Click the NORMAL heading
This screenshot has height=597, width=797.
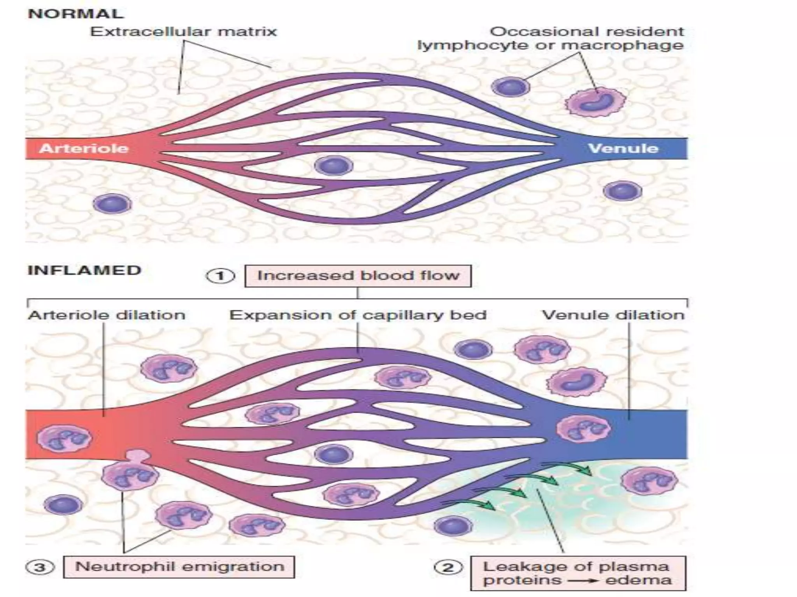[76, 14]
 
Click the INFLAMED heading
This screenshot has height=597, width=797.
[84, 270]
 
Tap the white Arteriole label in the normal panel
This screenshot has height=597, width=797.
[84, 148]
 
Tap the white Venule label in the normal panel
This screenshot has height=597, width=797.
[623, 148]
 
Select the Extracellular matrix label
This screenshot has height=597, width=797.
[183, 31]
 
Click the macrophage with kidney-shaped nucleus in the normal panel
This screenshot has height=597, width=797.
[595, 101]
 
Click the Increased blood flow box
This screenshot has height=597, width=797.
[358, 276]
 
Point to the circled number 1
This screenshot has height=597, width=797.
[220, 276]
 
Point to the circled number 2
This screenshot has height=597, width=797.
[448, 567]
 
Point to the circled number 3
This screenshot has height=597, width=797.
[40, 567]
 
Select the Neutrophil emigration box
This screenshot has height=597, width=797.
[179, 567]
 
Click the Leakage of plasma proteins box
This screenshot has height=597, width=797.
[578, 573]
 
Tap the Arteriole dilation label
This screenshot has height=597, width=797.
[106, 315]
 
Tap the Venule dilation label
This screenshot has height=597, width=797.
[613, 315]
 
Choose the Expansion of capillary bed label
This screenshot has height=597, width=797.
[358, 315]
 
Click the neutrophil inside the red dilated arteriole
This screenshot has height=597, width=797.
[65, 438]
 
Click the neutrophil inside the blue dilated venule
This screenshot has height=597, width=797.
[583, 428]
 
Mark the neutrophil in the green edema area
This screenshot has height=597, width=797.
[649, 480]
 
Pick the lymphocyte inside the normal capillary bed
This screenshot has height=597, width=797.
[334, 166]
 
